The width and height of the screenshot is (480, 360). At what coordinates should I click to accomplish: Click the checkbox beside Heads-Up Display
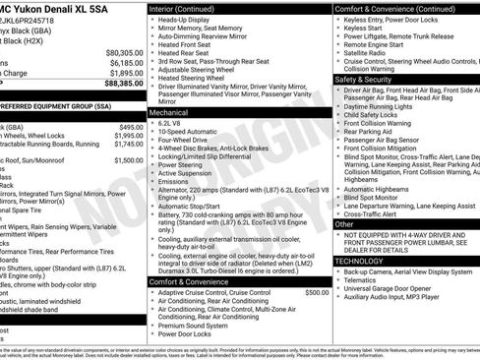coord(151,21)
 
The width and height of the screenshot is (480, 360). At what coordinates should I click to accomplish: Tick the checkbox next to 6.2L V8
coord(151,123)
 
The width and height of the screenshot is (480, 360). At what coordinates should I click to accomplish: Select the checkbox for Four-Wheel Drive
coord(151,139)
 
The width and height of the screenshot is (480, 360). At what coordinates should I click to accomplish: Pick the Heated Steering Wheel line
coord(198,78)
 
